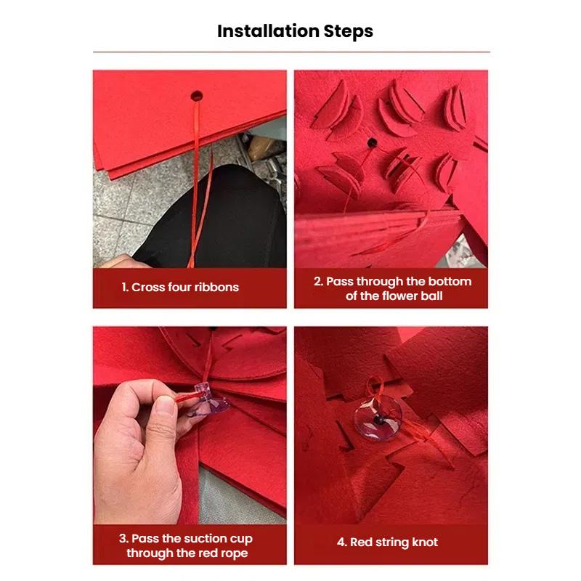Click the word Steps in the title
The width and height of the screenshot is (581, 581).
[x=349, y=31]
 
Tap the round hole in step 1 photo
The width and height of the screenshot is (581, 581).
[x=196, y=94]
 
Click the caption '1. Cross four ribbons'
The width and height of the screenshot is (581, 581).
[x=180, y=287]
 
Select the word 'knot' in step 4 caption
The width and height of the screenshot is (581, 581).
[x=423, y=542]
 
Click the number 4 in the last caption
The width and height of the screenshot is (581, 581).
[x=341, y=542]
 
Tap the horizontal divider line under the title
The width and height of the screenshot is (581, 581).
[x=290, y=52]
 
